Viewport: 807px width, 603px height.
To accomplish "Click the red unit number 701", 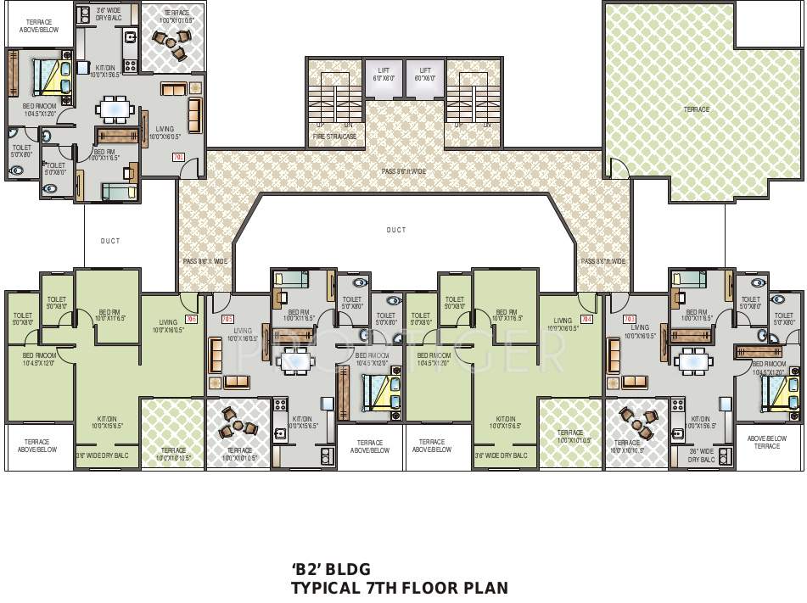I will pos(178,157).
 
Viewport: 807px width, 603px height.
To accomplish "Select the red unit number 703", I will pos(629,319).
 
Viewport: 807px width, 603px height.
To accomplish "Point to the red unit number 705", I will pos(227,319).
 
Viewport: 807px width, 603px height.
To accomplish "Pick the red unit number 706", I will pos(191,319).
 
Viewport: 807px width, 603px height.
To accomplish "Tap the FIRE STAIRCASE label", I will pos(334,136).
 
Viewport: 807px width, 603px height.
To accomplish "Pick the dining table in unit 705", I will pos(299,361).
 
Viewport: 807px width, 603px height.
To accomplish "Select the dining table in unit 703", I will pos(695,362).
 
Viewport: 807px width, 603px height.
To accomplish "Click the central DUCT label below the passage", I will pos(395,230).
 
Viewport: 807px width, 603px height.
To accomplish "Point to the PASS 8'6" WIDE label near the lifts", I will pos(403,172).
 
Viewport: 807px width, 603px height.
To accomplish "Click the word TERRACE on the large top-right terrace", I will pos(696,109).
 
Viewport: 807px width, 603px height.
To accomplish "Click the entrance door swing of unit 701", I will pos(192,168).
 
